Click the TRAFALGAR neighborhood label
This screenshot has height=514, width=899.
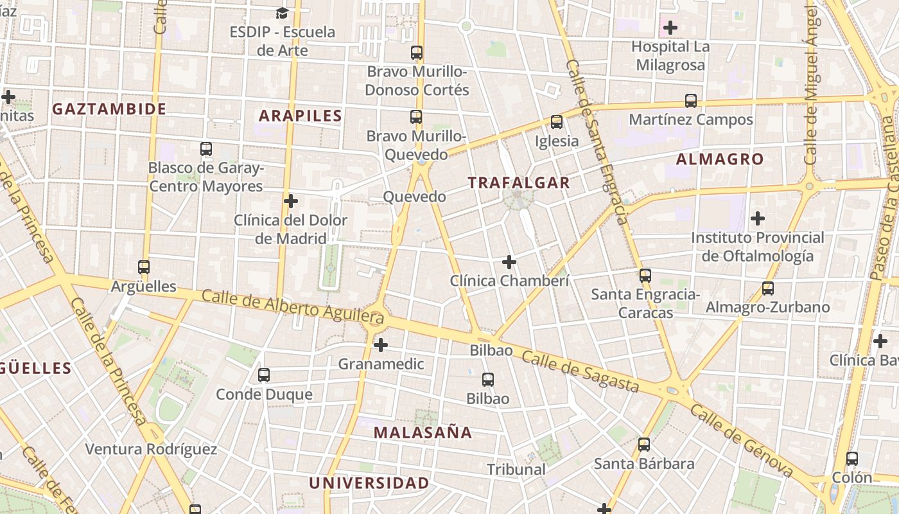[x=519, y=182]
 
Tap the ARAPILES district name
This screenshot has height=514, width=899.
[x=300, y=116]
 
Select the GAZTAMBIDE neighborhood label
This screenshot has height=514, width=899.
[x=109, y=109]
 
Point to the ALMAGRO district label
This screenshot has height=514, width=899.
[x=720, y=159]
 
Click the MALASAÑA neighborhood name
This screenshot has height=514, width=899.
[x=423, y=432]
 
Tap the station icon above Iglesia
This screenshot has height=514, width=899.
[x=557, y=122]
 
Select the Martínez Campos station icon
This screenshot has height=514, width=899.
[x=691, y=101]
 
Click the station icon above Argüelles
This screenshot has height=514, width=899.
[x=144, y=267]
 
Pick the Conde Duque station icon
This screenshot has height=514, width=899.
[x=264, y=375]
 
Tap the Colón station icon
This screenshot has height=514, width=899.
[x=852, y=459]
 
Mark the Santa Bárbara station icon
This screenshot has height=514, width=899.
[x=644, y=444]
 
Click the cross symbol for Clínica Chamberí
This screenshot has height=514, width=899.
[x=509, y=262]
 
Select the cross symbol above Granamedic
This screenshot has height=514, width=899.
[x=381, y=345]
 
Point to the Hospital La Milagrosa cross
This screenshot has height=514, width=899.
[x=670, y=28]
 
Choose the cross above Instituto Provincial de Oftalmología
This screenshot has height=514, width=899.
[x=758, y=218]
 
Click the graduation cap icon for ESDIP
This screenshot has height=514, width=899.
[x=282, y=13]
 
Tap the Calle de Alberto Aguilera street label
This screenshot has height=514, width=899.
[x=293, y=306]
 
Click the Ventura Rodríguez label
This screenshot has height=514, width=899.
[x=152, y=449]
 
